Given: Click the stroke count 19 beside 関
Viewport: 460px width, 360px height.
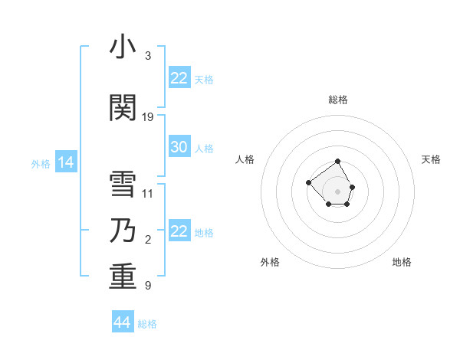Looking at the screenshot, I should pos(148,117).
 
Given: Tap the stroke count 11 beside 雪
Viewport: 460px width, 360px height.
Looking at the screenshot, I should pos(148,194).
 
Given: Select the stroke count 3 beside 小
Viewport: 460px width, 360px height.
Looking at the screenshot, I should pos(148,56).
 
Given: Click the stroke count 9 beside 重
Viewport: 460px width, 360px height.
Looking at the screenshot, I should pos(148,286).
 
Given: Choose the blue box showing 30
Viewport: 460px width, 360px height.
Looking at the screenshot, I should pos(179,147).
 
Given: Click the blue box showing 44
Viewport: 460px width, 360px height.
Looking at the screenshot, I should pos(123,322).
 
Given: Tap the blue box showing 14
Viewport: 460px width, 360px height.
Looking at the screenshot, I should pos(64,162).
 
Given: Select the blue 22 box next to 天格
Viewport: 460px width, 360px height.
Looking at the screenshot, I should pos(179,78).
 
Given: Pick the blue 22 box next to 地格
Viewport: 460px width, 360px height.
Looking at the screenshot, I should pos(179,231).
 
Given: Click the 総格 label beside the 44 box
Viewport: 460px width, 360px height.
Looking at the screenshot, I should pos(147,324).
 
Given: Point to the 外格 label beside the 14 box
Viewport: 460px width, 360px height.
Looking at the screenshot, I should pos(41,164).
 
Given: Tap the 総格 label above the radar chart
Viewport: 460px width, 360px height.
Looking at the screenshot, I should pos(337,100).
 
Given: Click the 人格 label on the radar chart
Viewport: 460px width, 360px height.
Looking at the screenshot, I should pos(245,159).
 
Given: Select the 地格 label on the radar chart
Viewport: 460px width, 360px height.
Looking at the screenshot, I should pos(402,262).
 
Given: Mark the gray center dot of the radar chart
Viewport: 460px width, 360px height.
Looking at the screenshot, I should pos(337,191).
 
